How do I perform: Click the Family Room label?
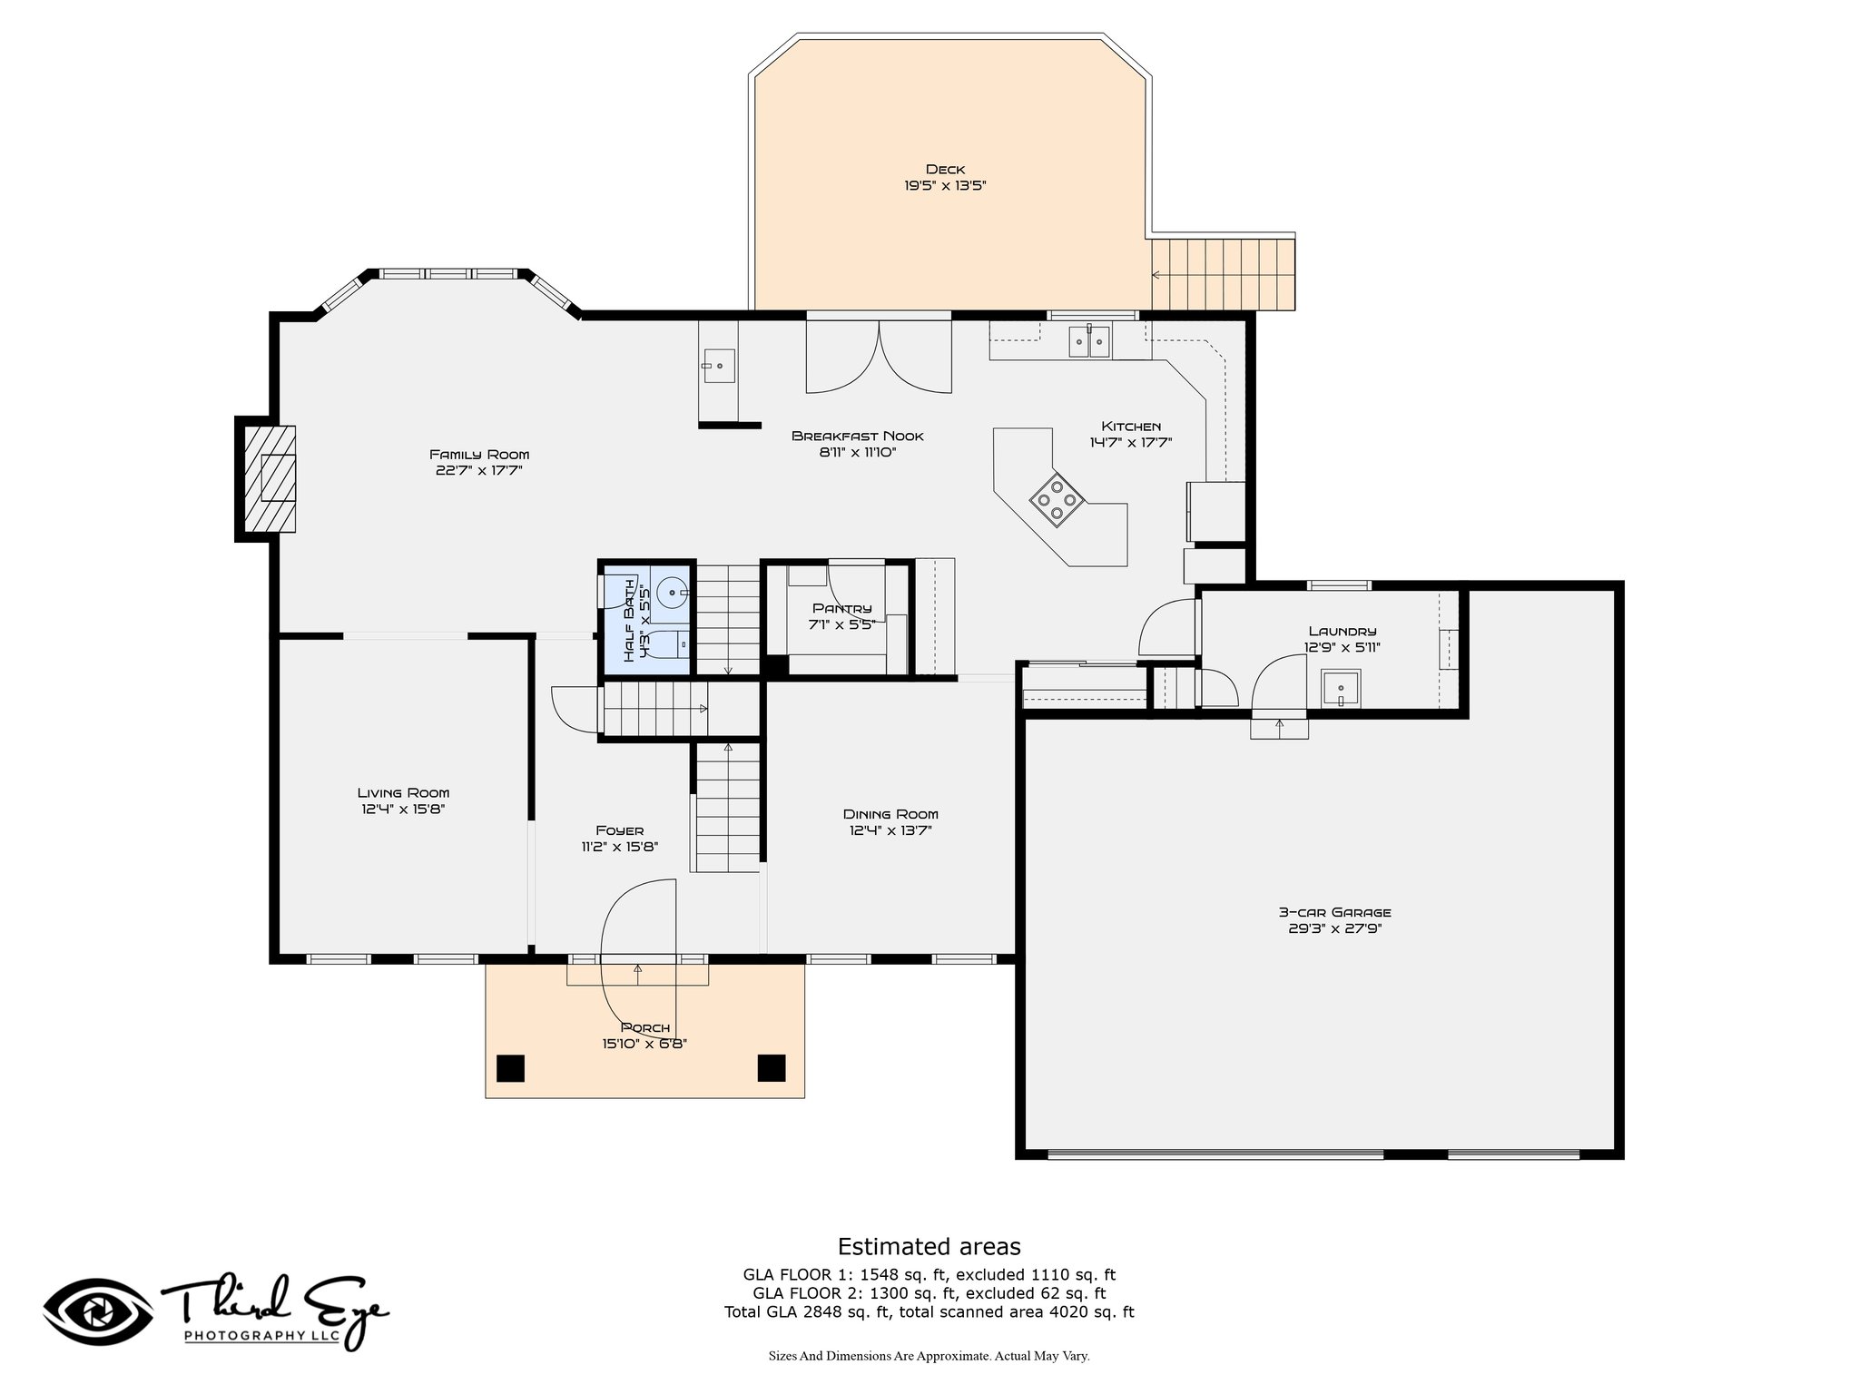tap(479, 455)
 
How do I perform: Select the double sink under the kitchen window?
tap(1088, 341)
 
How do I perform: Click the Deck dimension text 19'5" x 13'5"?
tap(945, 186)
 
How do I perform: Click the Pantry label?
tap(841, 609)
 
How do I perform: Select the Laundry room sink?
tap(1341, 689)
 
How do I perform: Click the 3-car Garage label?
tap(1334, 913)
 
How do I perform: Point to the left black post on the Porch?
tap(510, 1068)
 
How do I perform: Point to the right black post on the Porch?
tap(772, 1068)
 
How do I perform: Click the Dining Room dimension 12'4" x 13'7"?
tap(890, 830)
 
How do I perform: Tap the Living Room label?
tap(403, 793)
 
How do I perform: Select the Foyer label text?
tap(620, 830)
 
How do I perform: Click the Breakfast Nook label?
tap(858, 436)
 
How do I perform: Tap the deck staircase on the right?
tap(1223, 274)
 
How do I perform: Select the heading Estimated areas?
tap(929, 1246)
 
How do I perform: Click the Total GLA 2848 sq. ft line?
tap(929, 1311)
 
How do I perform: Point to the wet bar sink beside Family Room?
tap(718, 365)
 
